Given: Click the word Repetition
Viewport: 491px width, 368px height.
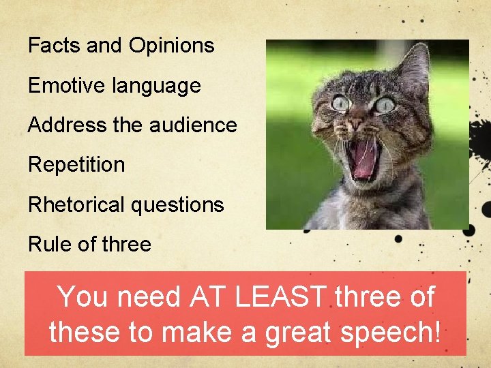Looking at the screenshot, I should (76, 165).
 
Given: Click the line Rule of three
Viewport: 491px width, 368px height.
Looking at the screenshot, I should (89, 244).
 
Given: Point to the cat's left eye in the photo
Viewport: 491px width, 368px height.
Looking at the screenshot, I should (341, 104).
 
